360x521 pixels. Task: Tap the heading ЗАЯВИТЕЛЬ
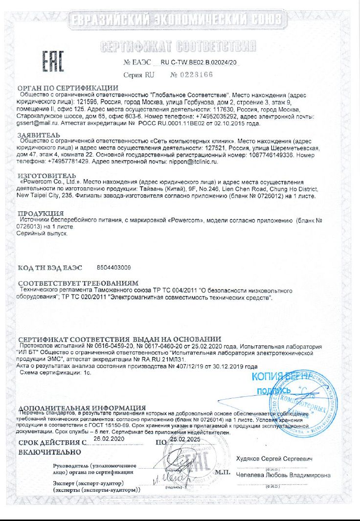[x=39, y=135]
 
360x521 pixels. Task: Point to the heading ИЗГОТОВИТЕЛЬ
[x=47, y=175]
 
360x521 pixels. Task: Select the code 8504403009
[x=114, y=268]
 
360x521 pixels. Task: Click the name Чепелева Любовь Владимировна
[x=283, y=475]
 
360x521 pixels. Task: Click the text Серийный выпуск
[x=44, y=234]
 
